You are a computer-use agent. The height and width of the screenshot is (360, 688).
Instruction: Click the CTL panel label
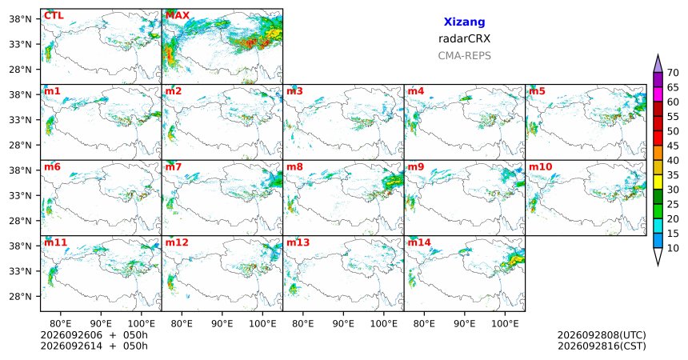(x=54, y=16)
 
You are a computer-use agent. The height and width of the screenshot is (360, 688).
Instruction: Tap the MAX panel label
(x=178, y=16)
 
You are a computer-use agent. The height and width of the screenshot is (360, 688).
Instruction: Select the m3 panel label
(x=295, y=91)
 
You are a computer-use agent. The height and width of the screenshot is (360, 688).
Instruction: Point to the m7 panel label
(x=174, y=167)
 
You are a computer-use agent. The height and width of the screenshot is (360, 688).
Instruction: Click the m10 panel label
(x=541, y=167)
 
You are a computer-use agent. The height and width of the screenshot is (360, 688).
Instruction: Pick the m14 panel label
(x=419, y=242)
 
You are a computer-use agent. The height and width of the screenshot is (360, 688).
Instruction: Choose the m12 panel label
(x=177, y=242)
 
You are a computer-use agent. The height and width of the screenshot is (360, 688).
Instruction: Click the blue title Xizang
(x=464, y=22)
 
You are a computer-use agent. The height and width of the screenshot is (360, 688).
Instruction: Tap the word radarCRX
(x=464, y=38)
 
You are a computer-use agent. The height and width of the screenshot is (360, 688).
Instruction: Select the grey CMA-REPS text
(x=464, y=56)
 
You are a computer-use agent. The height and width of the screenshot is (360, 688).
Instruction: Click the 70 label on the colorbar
(x=673, y=73)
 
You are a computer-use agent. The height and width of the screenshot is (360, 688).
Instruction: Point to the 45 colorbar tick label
(x=673, y=146)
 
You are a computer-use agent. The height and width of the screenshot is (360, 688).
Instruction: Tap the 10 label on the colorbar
(x=673, y=248)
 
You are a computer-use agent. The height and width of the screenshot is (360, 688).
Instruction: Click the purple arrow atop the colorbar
(x=658, y=65)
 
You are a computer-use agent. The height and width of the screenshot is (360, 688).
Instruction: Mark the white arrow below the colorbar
(x=658, y=255)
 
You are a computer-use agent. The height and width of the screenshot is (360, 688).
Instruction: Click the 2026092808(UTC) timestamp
(x=602, y=335)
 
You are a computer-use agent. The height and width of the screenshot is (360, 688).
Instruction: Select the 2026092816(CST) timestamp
(x=602, y=346)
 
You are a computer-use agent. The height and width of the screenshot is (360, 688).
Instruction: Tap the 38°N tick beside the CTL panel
(x=20, y=19)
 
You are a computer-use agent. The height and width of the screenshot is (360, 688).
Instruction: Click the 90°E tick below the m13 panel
(x=343, y=324)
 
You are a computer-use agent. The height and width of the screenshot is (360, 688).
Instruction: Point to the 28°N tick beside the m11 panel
(x=20, y=296)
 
